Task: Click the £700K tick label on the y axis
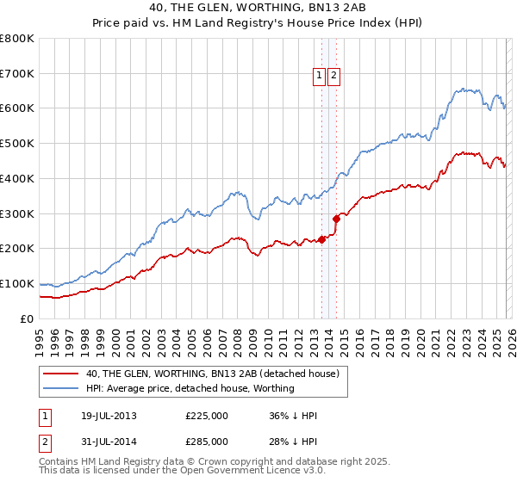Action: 17,73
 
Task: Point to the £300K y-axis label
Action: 17,213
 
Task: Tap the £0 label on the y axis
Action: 27,318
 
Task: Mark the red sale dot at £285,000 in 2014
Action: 337,219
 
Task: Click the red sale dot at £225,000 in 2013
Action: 321,239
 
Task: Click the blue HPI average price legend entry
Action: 190,388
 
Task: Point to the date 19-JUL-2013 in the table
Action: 104,416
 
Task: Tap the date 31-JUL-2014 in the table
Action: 104,441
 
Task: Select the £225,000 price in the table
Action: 207,416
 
